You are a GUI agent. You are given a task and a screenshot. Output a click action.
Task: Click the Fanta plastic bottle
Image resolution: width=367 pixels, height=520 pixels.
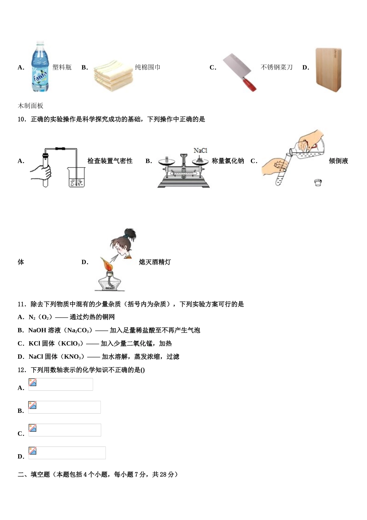point(40,67)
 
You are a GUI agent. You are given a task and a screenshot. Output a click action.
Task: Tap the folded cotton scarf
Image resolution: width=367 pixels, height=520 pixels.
point(113,75)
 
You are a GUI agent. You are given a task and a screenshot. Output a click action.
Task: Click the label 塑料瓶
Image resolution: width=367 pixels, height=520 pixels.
point(62,67)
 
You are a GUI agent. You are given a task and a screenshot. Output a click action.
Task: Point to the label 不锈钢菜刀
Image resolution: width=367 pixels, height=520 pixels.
point(277,67)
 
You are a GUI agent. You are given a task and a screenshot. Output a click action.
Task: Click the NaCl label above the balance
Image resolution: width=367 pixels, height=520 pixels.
point(200,151)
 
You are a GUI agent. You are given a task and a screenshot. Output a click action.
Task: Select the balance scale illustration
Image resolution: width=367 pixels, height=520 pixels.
point(183,170)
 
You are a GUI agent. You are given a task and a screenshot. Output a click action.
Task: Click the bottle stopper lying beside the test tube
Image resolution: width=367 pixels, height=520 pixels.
point(318,182)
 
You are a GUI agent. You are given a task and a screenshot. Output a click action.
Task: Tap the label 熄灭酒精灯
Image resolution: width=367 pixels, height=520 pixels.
point(155,262)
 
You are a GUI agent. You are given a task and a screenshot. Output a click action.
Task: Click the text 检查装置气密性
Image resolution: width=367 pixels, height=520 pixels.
point(110,161)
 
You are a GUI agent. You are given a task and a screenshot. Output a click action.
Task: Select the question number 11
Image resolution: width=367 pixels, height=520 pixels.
point(22,304)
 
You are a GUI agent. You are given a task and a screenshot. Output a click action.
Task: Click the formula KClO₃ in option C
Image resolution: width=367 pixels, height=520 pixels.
point(70,344)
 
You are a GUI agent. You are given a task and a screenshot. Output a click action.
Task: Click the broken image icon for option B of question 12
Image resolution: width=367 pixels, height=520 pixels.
point(33,405)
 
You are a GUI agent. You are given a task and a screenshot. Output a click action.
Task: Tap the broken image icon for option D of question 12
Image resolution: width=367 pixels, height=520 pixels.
point(33,451)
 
